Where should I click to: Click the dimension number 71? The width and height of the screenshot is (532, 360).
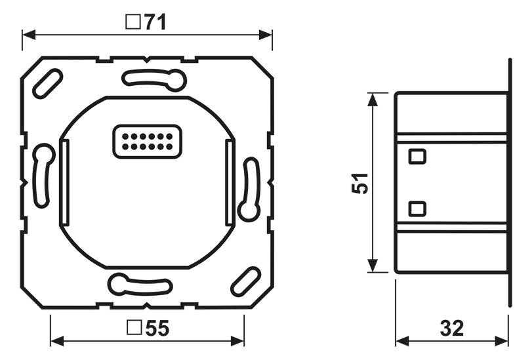pyautogui.click(x=155, y=22)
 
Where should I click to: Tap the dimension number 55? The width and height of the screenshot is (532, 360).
pyautogui.click(x=157, y=328)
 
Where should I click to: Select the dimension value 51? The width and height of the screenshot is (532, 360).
pyautogui.click(x=359, y=184)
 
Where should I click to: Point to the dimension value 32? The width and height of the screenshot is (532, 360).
pyautogui.click(x=451, y=328)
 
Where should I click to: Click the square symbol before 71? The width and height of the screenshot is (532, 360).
pyautogui.click(x=133, y=22)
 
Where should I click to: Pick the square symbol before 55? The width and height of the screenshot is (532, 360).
pyautogui.click(x=134, y=328)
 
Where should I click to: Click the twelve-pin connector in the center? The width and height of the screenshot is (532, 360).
pyautogui.click(x=147, y=142)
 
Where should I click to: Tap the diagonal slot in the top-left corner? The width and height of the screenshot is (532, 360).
pyautogui.click(x=47, y=84)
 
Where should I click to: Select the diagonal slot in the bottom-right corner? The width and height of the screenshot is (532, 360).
pyautogui.click(x=245, y=281)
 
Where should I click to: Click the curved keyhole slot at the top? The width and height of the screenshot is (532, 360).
pyautogui.click(x=154, y=80)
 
